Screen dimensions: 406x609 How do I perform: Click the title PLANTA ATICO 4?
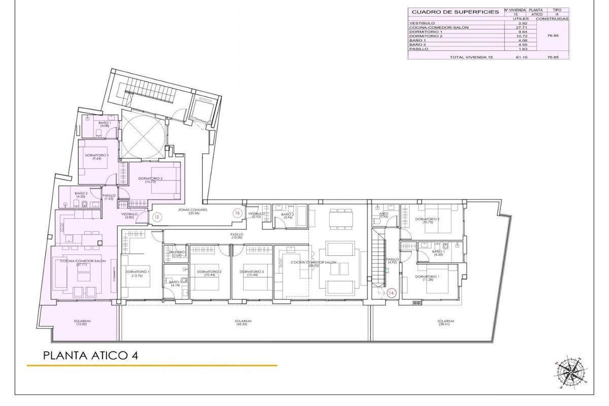pos(91,355)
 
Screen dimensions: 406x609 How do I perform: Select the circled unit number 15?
pos(157,217)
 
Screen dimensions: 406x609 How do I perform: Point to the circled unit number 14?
pos(391,293)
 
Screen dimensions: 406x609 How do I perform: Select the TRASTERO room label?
pos(176,253)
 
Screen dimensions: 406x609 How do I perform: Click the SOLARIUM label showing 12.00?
pos(82,322)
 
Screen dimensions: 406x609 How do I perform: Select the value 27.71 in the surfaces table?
pos(516,27)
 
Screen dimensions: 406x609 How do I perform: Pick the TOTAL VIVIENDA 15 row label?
pos(471,57)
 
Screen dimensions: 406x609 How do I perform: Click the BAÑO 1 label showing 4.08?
pos(105,124)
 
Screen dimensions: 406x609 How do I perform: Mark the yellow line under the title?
pos(152,365)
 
